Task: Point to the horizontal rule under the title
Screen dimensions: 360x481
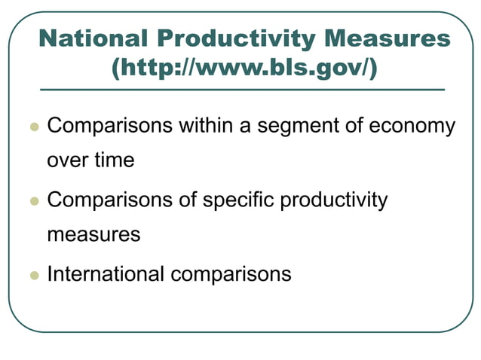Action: [241, 90]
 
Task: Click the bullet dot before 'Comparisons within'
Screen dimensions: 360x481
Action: [33, 127]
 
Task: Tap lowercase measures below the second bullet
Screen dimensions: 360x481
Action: [93, 234]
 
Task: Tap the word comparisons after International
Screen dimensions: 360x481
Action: [230, 273]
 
